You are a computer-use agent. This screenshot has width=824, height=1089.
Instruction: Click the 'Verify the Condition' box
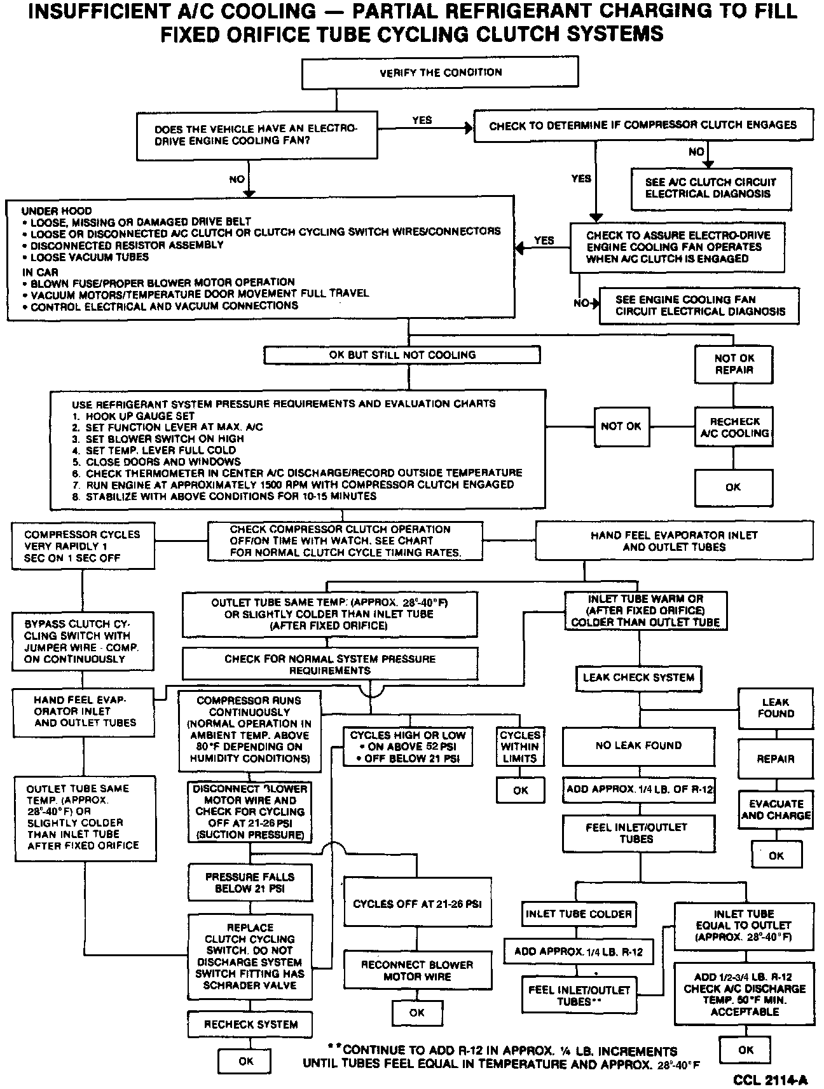tap(440, 72)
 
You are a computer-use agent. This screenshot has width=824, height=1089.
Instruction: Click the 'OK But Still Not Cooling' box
tap(402, 355)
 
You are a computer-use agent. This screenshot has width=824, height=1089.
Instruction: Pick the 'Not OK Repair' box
tap(734, 364)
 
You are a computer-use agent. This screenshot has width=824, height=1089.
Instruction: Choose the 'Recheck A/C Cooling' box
tap(734, 427)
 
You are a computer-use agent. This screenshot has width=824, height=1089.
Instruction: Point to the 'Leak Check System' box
tap(638, 677)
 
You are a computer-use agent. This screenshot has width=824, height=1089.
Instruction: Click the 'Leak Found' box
tap(775, 708)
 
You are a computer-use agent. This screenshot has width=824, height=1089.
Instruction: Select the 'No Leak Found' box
tap(638, 745)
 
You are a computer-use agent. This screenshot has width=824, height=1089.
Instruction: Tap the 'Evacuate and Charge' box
tap(776, 809)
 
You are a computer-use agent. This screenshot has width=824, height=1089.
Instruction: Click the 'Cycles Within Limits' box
tap(520, 747)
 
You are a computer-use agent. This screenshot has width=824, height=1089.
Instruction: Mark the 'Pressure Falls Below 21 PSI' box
tap(250, 883)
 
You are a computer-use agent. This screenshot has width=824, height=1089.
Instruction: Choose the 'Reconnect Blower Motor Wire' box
tap(417, 970)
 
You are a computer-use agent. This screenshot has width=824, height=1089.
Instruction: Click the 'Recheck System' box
tap(251, 1024)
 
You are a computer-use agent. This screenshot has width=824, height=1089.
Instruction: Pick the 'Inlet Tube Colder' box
tap(578, 914)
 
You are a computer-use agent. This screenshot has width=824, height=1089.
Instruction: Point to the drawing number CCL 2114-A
tap(770, 1079)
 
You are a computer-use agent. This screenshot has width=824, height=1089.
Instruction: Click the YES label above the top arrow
tap(422, 120)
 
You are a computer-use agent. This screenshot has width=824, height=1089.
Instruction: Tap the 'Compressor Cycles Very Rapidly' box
tap(83, 546)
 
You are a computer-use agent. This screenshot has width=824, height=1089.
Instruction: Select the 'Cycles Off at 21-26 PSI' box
tap(417, 903)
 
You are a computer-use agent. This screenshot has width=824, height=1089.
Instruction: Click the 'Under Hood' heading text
tap(57, 211)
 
